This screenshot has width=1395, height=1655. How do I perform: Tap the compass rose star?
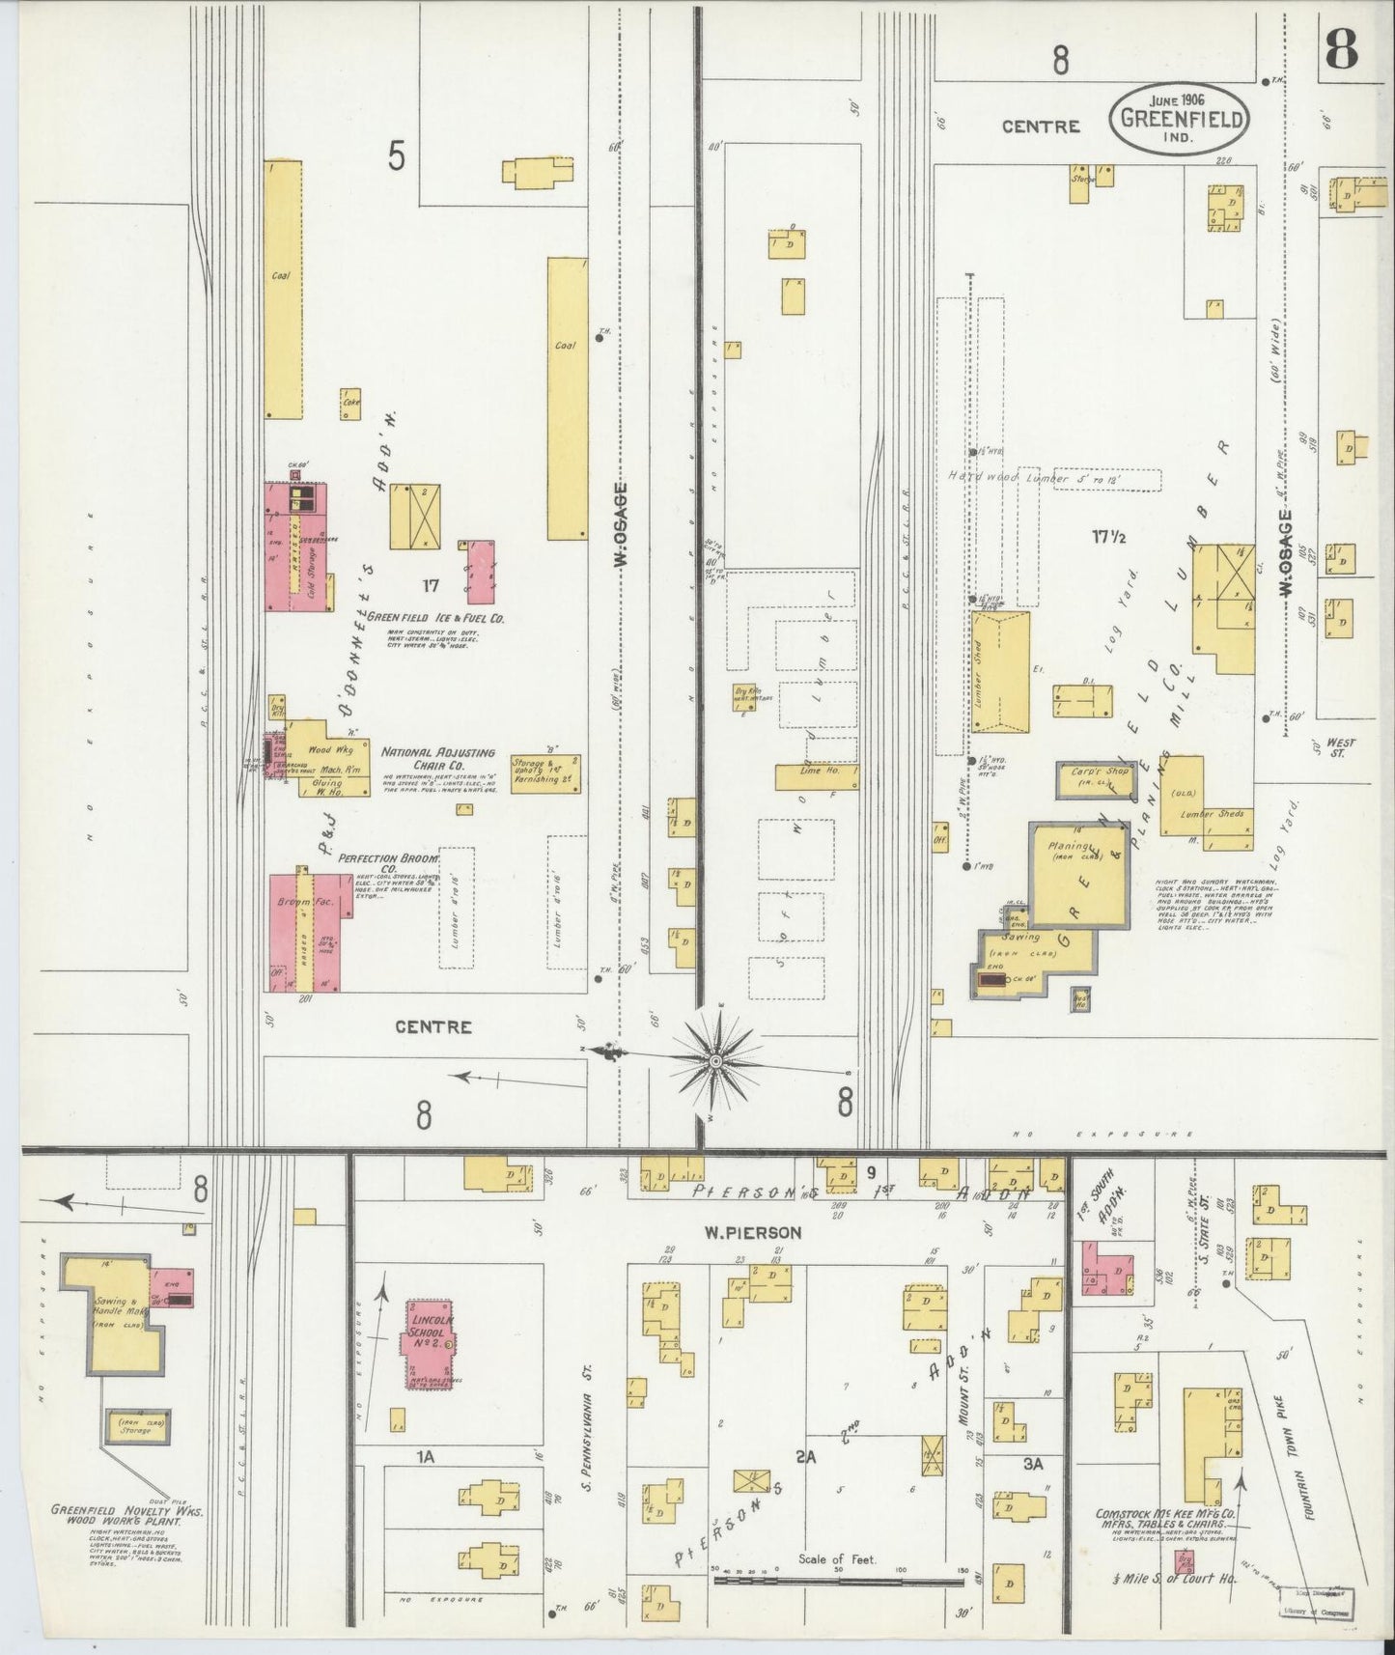tap(716, 1061)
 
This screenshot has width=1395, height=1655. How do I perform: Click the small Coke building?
tap(349, 404)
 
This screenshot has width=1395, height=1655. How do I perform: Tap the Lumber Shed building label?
tap(978, 672)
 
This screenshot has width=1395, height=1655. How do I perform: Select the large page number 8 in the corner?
tap(1343, 49)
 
